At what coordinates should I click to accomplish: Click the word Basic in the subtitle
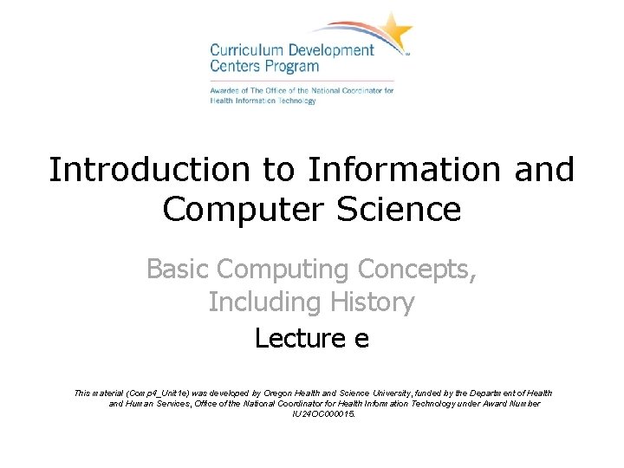tap(178, 270)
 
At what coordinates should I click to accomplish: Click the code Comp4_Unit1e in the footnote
tap(159, 393)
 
